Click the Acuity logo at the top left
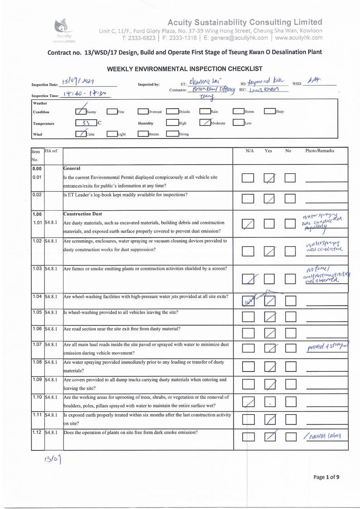62,28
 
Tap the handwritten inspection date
78,82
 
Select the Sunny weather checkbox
80,111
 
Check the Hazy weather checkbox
269,111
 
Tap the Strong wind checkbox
172,134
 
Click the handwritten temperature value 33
82,122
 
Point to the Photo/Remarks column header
319,151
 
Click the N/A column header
249,151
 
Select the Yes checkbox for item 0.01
270,179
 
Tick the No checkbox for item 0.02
291,198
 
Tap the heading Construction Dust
83,214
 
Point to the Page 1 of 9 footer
326,476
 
